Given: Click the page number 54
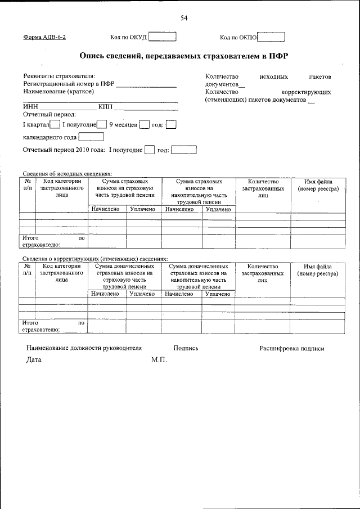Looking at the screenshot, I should (183, 18).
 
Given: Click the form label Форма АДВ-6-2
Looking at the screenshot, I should (48, 38).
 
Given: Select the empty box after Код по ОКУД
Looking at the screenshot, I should (163, 37).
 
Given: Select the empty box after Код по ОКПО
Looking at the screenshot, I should (271, 38).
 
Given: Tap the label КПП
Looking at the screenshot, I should (105, 106).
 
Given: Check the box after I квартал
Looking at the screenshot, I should (55, 124).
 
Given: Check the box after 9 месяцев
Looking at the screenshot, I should (144, 124).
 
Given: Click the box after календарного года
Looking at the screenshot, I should (91, 137).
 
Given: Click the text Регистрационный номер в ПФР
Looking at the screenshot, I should (69, 84).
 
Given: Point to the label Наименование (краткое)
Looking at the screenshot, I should (55, 92).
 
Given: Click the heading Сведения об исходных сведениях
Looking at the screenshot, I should (67, 174).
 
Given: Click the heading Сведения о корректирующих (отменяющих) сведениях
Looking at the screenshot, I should (94, 259).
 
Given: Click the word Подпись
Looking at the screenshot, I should (186, 348).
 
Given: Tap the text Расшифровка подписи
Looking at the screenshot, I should (291, 348).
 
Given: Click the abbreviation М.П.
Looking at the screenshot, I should (159, 360).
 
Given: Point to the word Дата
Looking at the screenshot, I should (34, 360).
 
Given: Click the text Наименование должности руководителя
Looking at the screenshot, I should (84, 348).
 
